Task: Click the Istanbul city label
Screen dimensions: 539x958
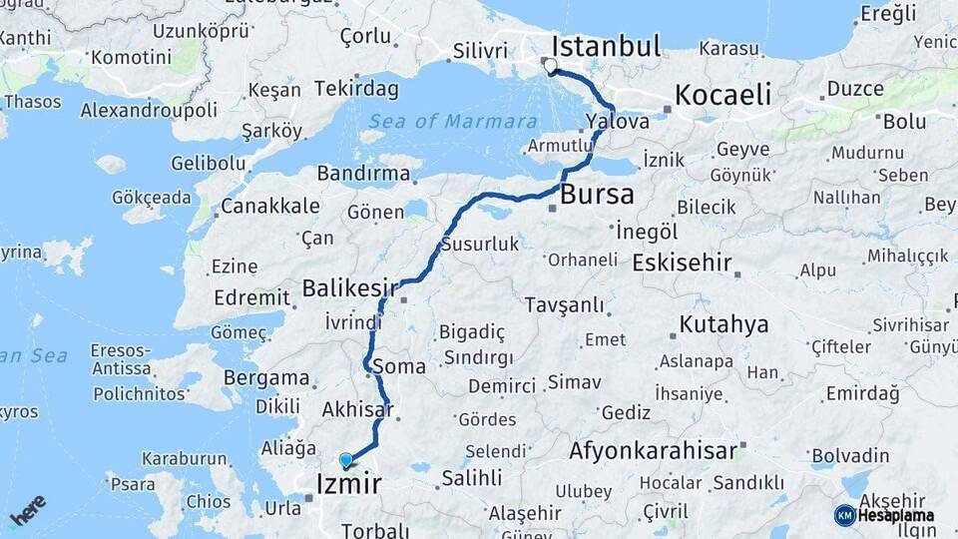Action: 606,46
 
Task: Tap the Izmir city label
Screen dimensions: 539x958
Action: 347,485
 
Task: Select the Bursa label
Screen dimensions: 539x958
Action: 597,194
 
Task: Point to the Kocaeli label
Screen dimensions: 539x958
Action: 723,95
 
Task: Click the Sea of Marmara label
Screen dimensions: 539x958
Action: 453,122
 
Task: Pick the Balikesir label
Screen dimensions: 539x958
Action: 343,288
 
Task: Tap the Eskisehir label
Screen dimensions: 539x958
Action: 682,263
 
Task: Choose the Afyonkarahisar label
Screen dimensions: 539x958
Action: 654,451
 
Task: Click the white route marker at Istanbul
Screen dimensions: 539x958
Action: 550,67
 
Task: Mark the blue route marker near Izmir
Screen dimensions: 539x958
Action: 346,460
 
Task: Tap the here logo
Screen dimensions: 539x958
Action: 28,509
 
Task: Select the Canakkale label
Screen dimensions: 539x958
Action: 270,206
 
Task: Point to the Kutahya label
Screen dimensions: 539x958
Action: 723,324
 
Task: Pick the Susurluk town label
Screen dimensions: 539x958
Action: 481,244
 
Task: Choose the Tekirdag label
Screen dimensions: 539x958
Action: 356,88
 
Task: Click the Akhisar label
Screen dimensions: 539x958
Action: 357,409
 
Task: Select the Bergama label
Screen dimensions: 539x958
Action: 266,378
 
